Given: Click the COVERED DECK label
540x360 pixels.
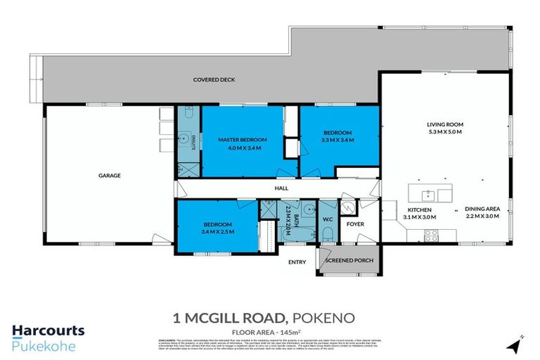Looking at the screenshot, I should click(x=214, y=80).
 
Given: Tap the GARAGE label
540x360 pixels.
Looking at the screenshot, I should click(x=109, y=175).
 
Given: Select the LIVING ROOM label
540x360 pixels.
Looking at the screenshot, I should click(x=445, y=124).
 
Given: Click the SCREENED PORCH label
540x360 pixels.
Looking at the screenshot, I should click(x=349, y=260).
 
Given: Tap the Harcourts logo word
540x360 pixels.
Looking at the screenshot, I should click(x=48, y=330).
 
